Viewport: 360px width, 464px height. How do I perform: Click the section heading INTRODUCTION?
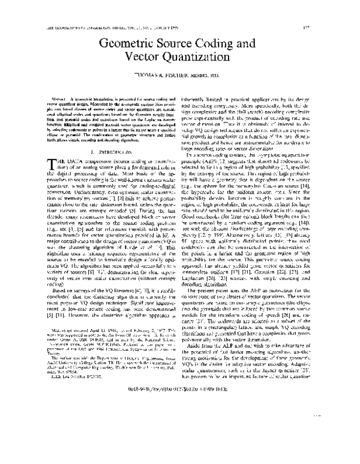[x=106, y=152]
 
